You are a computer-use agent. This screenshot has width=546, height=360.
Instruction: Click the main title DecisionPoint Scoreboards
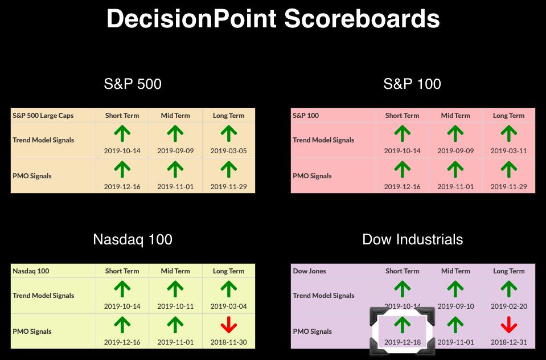click(273, 18)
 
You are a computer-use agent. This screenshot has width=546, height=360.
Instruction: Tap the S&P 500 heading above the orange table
click(133, 84)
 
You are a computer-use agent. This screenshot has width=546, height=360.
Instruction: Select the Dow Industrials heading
click(413, 239)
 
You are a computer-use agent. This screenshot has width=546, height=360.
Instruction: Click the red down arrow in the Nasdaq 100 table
click(229, 325)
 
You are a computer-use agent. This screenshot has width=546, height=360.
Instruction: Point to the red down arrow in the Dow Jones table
click(509, 325)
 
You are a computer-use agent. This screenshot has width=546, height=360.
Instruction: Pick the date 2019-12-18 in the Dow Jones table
click(403, 342)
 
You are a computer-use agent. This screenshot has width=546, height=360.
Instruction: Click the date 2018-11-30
click(229, 342)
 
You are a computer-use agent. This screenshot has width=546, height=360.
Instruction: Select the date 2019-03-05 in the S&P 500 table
click(229, 151)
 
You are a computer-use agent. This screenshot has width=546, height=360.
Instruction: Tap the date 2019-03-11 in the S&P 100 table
click(509, 151)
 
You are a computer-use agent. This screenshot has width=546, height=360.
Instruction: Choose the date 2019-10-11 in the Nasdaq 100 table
click(175, 306)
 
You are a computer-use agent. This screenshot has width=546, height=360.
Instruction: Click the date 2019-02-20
click(509, 306)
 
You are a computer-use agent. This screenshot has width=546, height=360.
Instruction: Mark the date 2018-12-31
click(509, 342)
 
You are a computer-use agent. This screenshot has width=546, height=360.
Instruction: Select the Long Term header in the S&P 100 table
click(509, 116)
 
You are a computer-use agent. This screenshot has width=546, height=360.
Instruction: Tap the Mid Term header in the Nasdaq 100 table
click(175, 271)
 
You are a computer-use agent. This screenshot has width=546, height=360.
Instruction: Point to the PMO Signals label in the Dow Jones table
click(313, 332)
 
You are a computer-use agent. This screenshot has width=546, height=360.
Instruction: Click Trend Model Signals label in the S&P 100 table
click(323, 140)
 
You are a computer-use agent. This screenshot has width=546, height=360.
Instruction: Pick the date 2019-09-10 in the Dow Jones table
click(456, 306)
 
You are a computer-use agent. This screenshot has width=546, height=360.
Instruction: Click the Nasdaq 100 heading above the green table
click(133, 239)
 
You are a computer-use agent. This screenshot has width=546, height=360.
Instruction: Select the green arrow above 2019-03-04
click(229, 289)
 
